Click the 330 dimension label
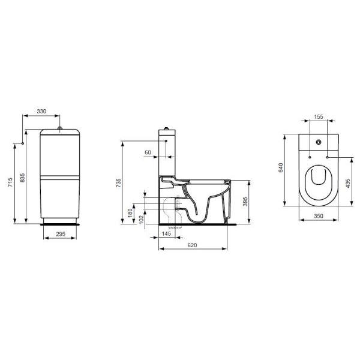click(x=41, y=112)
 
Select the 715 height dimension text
click(x=10, y=182)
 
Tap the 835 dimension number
click(x=22, y=178)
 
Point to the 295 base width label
click(x=61, y=234)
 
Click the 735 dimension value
click(x=118, y=183)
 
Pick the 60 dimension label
click(x=148, y=152)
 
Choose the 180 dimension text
click(x=130, y=213)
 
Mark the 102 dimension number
click(x=142, y=219)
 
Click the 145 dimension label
click(x=166, y=233)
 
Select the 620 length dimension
click(x=192, y=245)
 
